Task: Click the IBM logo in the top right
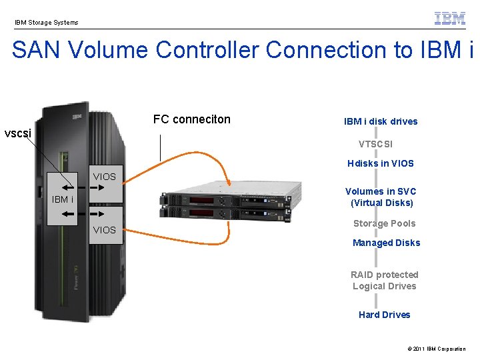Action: click(450, 18)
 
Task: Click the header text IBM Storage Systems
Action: click(47, 23)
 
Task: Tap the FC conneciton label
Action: click(191, 119)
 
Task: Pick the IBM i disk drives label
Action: click(381, 121)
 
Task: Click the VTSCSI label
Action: click(375, 144)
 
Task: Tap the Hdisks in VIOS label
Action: click(380, 163)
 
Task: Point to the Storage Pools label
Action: click(384, 223)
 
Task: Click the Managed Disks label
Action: click(386, 243)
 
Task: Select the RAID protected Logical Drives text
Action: click(385, 280)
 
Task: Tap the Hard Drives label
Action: click(384, 315)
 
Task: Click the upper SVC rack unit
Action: click(227, 198)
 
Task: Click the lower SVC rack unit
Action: click(227, 213)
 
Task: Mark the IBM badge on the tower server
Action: click(77, 117)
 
